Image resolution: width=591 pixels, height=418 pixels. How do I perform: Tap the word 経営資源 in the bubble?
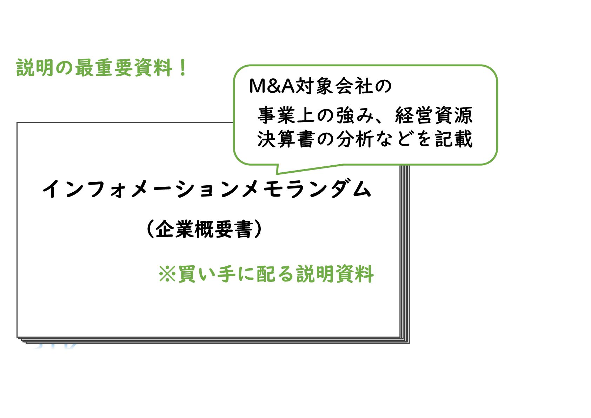[434, 115]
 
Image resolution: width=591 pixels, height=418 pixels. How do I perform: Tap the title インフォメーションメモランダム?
[207, 190]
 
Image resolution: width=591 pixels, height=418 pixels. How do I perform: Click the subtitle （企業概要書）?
[204, 230]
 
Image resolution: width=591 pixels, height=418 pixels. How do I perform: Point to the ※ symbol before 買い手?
[167, 274]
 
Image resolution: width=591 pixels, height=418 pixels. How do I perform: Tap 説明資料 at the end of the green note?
[335, 274]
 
